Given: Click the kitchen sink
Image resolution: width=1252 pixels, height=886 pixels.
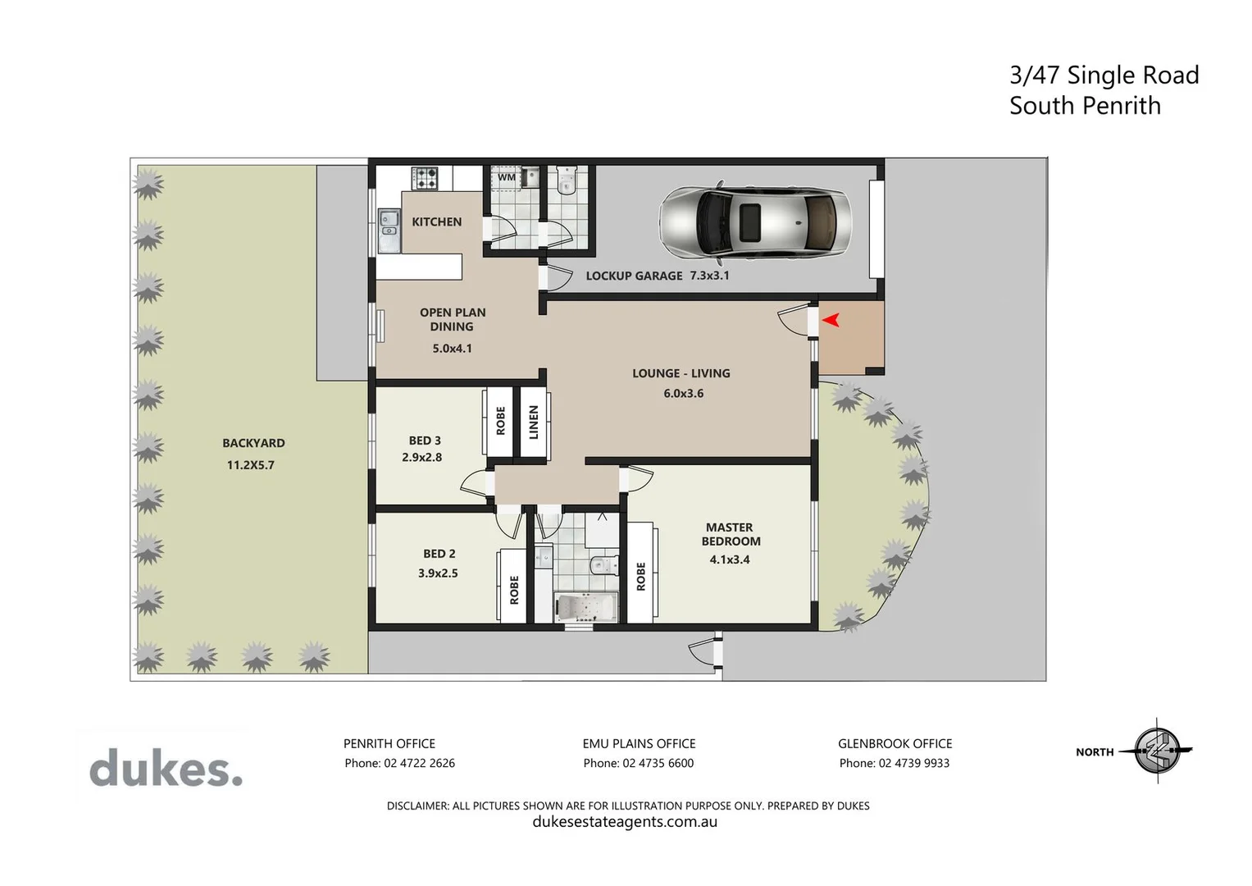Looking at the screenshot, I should pyautogui.click(x=389, y=231).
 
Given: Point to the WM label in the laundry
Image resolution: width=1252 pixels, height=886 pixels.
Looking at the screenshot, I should pyautogui.click(x=507, y=177).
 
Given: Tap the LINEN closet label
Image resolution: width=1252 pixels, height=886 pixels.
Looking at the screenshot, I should pyautogui.click(x=534, y=422).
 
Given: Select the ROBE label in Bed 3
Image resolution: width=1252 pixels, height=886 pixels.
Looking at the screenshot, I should pyautogui.click(x=501, y=421).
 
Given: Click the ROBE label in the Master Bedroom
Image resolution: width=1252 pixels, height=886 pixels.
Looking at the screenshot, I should pyautogui.click(x=640, y=576).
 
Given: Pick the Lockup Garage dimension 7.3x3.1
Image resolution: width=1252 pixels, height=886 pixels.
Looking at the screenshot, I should pyautogui.click(x=709, y=276).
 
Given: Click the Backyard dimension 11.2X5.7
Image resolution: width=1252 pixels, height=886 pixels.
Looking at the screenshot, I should pyautogui.click(x=251, y=465).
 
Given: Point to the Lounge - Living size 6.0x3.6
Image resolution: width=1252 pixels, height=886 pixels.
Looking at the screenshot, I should pyautogui.click(x=683, y=393).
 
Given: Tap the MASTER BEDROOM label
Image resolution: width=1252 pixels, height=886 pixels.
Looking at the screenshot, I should pyautogui.click(x=730, y=534).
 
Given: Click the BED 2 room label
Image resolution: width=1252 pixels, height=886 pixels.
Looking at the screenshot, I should pyautogui.click(x=439, y=554).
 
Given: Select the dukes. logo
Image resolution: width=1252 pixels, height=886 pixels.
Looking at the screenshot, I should pyautogui.click(x=166, y=769).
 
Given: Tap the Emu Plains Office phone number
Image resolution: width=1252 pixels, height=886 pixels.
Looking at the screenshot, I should pyautogui.click(x=638, y=763).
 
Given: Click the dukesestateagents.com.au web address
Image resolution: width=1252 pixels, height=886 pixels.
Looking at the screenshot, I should pyautogui.click(x=625, y=822).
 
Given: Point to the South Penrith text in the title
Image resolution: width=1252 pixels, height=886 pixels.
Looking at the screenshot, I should pyautogui.click(x=1084, y=106).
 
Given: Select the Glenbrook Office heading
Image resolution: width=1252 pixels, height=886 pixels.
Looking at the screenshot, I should pyautogui.click(x=895, y=744).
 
